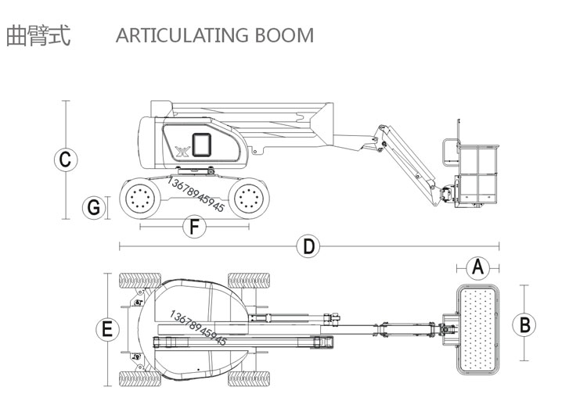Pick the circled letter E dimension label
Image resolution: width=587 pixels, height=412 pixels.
(107, 329)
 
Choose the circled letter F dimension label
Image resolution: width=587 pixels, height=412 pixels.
(193, 227)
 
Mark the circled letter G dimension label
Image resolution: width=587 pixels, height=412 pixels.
(94, 207)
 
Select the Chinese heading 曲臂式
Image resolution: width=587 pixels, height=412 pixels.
(38, 35)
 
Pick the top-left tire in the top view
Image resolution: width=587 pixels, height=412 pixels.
(139, 281)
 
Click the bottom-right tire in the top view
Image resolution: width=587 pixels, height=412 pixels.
(248, 378)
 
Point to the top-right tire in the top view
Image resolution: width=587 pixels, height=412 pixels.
(248, 281)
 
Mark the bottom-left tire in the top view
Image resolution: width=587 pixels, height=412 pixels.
(139, 378)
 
